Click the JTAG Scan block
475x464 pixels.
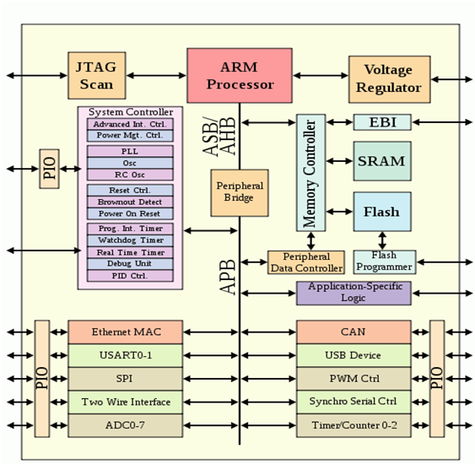97,75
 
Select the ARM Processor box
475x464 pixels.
240,75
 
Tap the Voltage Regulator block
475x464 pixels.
390,79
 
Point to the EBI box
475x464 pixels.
382,122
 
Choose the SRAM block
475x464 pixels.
382,161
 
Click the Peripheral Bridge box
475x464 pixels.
240,193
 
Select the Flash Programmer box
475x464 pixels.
385,262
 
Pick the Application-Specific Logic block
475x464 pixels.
354,294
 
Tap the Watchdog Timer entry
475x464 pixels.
130,240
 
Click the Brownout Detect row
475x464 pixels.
130,202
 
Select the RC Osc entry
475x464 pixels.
130,175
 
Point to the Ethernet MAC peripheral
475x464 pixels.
126,332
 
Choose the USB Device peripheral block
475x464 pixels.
354,355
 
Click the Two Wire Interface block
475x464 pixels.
126,402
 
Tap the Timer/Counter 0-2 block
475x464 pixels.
354,425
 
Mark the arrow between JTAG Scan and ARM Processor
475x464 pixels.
156,75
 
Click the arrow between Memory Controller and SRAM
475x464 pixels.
340,161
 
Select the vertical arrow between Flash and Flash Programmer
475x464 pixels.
382,240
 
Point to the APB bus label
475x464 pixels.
228,277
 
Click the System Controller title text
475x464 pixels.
131,112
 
